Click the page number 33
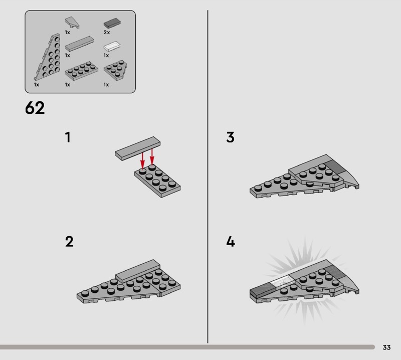tap(386, 347)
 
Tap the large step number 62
tap(35, 108)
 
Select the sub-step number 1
tap(68, 137)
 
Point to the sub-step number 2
tap(69, 242)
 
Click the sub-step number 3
tap(230, 137)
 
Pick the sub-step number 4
tap(231, 242)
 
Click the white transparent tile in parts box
tap(112, 46)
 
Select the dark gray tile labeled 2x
tap(112, 23)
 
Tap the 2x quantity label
tap(107, 32)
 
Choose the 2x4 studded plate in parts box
tap(81, 71)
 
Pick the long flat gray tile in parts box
tap(79, 44)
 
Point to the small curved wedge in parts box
tap(72, 23)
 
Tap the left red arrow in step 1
tap(142, 160)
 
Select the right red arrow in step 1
tap(152, 156)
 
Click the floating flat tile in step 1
tap(137, 148)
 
